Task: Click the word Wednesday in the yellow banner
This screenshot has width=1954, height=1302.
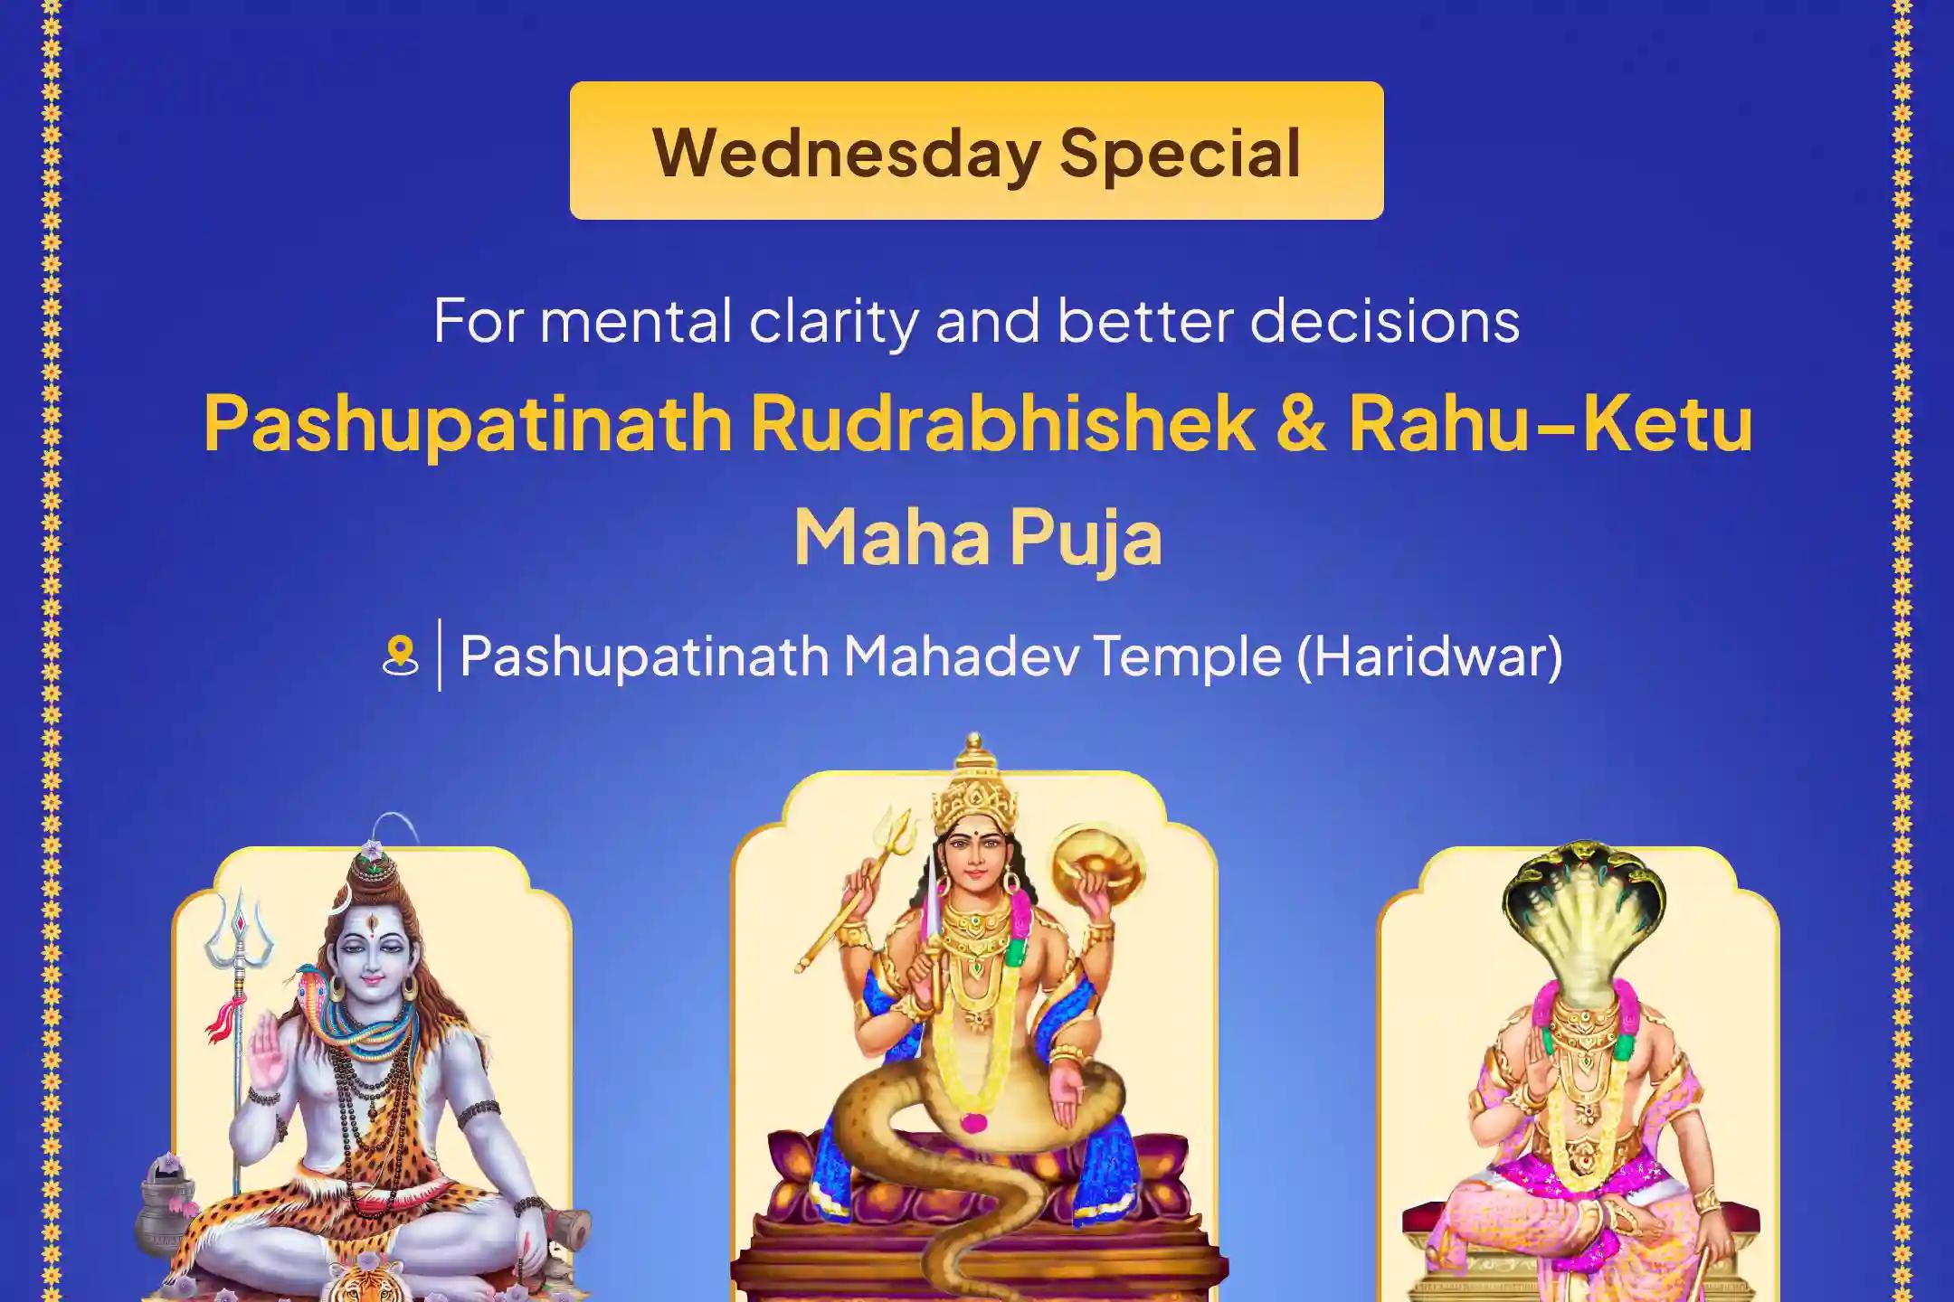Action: [845, 152]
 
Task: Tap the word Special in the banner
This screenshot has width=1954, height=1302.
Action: [1180, 152]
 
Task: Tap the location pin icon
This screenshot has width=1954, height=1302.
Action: [400, 655]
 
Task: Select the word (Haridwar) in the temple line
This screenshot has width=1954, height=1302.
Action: [1429, 655]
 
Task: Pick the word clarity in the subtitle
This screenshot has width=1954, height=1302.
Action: [833, 320]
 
